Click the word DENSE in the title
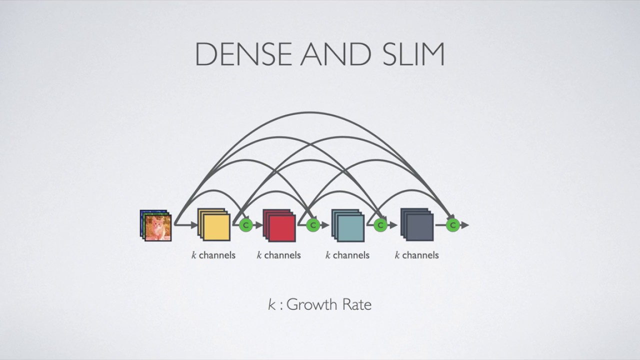point(243,54)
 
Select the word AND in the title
point(336,54)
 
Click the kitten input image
point(155,225)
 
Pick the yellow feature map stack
point(213,224)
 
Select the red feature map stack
point(279,225)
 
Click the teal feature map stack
point(347,225)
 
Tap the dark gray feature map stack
point(417,224)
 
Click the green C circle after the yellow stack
point(245,225)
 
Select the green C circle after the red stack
point(313,225)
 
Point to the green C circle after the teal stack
point(380,225)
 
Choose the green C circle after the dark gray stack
point(453,225)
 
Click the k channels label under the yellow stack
point(213,255)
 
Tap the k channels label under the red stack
point(279,255)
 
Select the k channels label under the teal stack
point(347,255)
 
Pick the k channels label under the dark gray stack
point(416,255)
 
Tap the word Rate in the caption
point(357,304)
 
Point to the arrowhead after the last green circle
point(465,225)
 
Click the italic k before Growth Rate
point(271,304)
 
